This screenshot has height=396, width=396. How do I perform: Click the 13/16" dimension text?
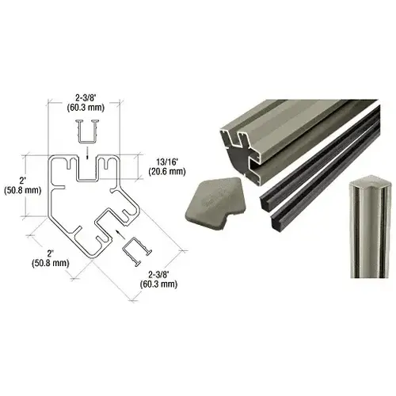click(x=167, y=162)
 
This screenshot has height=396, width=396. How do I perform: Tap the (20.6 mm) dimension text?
click(x=167, y=172)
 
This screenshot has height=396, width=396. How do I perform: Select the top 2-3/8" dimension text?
click(x=86, y=98)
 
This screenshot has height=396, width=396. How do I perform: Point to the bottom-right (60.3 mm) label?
click(x=158, y=284)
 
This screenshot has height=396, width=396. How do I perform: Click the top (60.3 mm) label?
click(x=86, y=108)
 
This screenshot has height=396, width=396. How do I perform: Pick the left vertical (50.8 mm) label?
click(x=23, y=190)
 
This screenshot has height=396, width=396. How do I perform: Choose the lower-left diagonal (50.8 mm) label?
click(x=51, y=263)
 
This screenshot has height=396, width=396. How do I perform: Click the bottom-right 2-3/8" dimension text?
click(x=158, y=275)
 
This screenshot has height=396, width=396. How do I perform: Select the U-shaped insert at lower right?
click(x=136, y=251)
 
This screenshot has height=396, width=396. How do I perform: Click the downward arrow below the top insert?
click(x=87, y=154)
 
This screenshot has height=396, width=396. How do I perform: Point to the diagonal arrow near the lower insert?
click(x=120, y=234)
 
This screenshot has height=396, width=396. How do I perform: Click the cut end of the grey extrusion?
click(x=241, y=156)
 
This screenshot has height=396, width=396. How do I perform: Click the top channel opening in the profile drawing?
click(x=87, y=167)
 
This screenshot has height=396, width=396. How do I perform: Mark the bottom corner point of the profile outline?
click(x=91, y=258)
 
